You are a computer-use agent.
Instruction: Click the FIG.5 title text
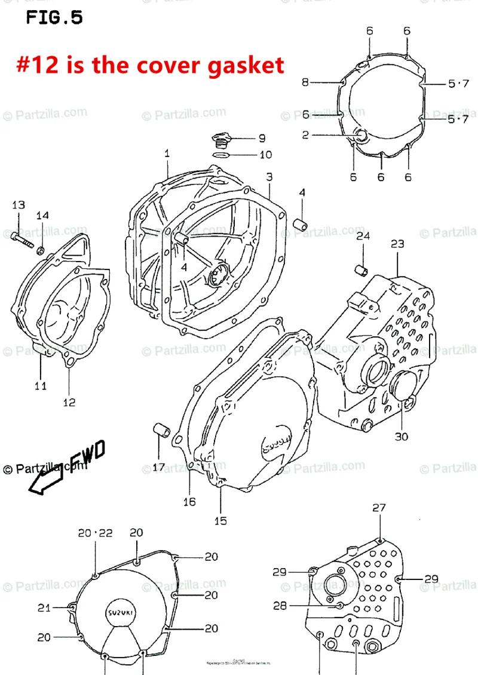pyautogui.click(x=54, y=18)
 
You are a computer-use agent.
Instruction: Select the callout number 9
pyautogui.click(x=262, y=139)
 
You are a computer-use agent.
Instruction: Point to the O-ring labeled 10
pyautogui.click(x=221, y=155)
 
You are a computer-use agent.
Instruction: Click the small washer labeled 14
pyautogui.click(x=42, y=249)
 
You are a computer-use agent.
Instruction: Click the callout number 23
pyautogui.click(x=397, y=244)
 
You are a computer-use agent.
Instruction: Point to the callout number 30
pyautogui.click(x=401, y=436)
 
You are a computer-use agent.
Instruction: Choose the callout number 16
pyautogui.click(x=189, y=501)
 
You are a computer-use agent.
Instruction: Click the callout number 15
pyautogui.click(x=220, y=520)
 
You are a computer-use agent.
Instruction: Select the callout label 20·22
pyautogui.click(x=95, y=533)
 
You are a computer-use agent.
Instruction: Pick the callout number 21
pyautogui.click(x=44, y=608)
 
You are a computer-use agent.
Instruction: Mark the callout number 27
pyautogui.click(x=379, y=508)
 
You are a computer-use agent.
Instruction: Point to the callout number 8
pyautogui.click(x=305, y=82)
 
